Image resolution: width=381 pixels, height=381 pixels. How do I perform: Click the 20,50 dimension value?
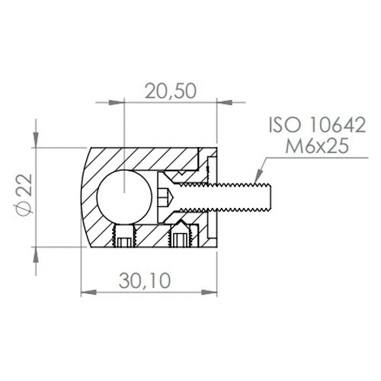click(x=171, y=91)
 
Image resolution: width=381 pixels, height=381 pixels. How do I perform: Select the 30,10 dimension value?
click(x=145, y=280)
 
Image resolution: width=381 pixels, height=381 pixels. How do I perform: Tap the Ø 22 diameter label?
click(x=25, y=195)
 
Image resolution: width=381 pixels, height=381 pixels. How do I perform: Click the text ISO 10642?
click(x=317, y=125)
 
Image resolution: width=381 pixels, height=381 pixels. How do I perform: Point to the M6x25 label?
click(x=317, y=146)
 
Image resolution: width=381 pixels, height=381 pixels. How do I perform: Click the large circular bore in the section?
click(x=124, y=197)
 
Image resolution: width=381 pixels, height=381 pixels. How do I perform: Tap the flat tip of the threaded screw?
click(x=271, y=197)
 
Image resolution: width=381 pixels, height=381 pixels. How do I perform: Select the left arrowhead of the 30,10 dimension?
click(x=88, y=293)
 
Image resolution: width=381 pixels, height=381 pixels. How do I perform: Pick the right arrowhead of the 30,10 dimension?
click(x=210, y=293)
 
